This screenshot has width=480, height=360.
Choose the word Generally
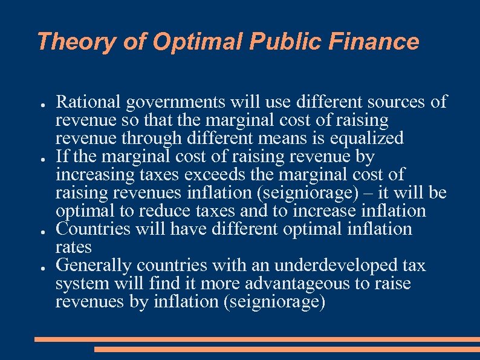[94, 266]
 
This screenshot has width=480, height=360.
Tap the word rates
[74, 247]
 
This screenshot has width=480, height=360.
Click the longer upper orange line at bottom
[256, 339]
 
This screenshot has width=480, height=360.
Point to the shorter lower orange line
[287, 349]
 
